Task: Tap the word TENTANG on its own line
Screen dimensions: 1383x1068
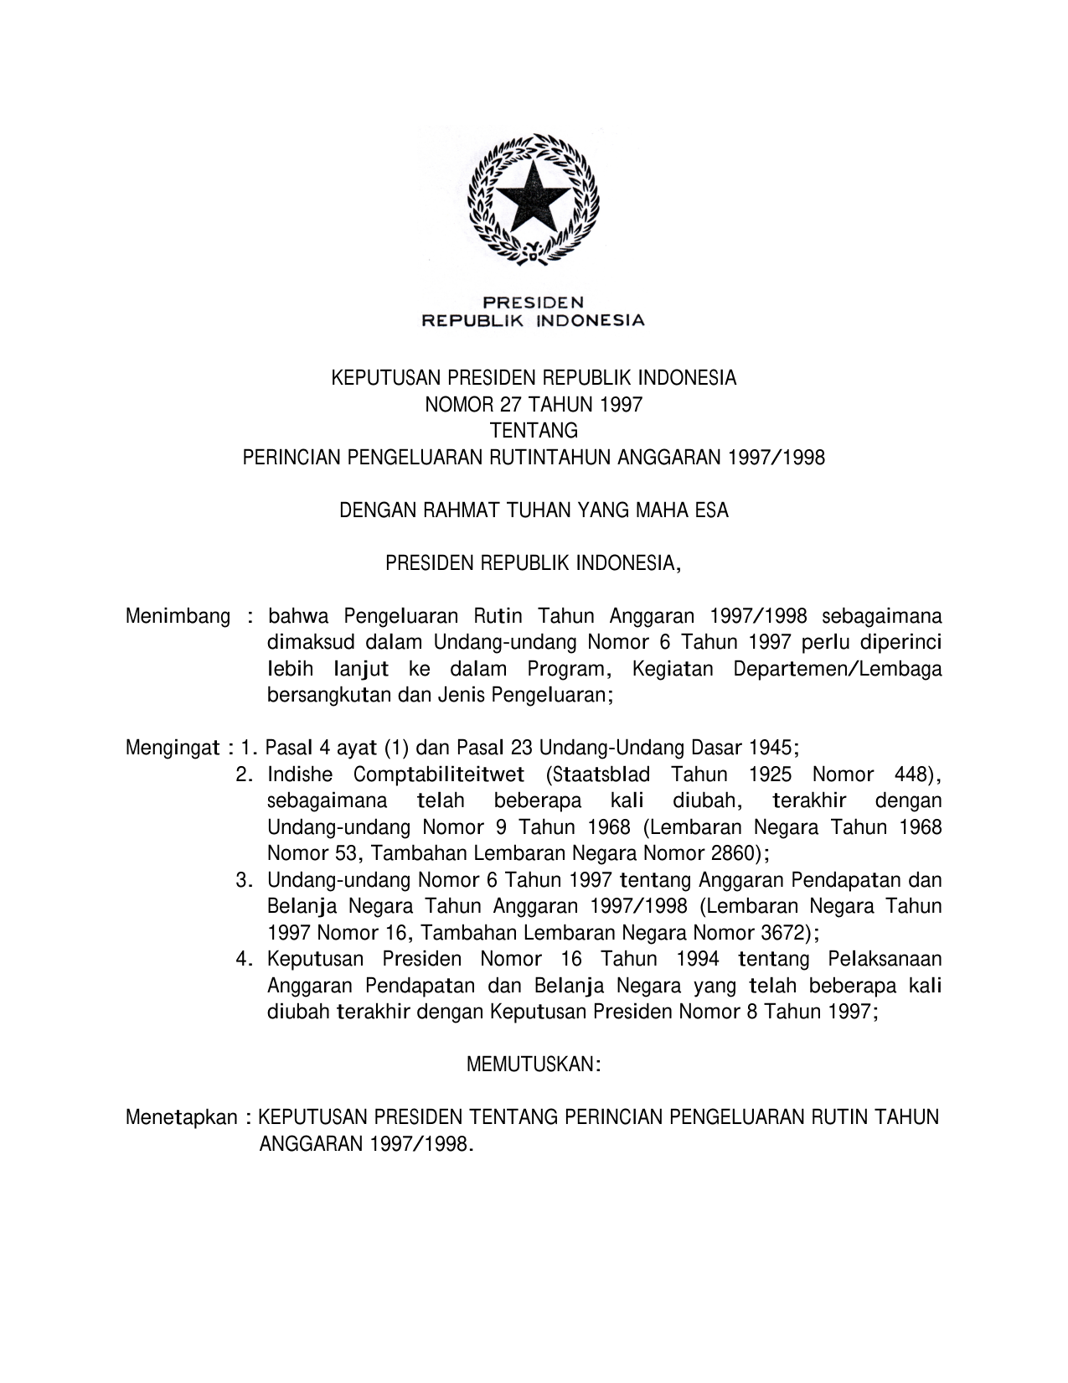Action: [534, 431]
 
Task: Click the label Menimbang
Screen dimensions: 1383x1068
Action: [178, 617]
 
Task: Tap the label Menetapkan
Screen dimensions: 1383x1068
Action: [181, 1117]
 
